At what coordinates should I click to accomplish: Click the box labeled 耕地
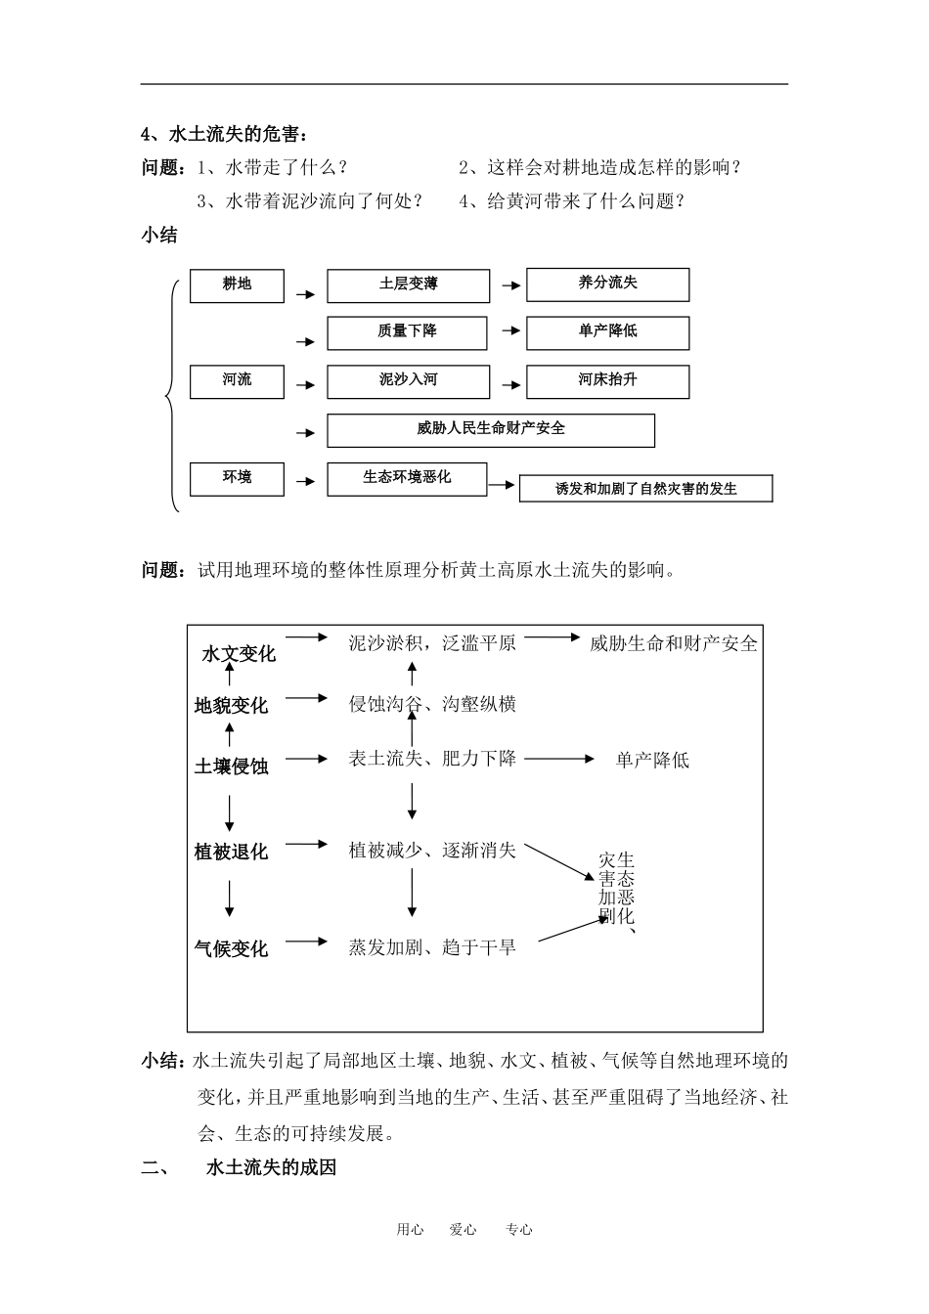[x=237, y=285]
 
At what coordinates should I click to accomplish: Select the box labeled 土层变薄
[x=408, y=285]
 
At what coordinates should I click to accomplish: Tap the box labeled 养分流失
[x=607, y=284]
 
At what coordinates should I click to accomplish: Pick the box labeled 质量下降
[x=407, y=332]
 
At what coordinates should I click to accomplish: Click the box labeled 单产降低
[x=607, y=332]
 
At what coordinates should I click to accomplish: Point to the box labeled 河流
[x=237, y=380]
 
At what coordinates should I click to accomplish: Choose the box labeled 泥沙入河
[x=408, y=380]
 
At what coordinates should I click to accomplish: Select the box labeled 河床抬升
[x=607, y=380]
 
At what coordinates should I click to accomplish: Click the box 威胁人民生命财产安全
[x=490, y=429]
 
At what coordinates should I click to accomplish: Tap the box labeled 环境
[x=237, y=478]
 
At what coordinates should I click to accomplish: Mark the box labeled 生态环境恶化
[x=407, y=478]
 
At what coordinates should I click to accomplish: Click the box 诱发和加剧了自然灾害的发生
[x=645, y=489]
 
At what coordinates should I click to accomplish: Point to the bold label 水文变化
[x=239, y=654]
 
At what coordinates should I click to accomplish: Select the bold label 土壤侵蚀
[x=231, y=766]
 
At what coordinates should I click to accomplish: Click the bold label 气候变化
[x=231, y=948]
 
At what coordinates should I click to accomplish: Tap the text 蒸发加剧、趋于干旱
[x=432, y=947]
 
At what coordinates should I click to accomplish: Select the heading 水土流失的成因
[x=272, y=1167]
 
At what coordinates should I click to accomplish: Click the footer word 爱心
[x=463, y=1230]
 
